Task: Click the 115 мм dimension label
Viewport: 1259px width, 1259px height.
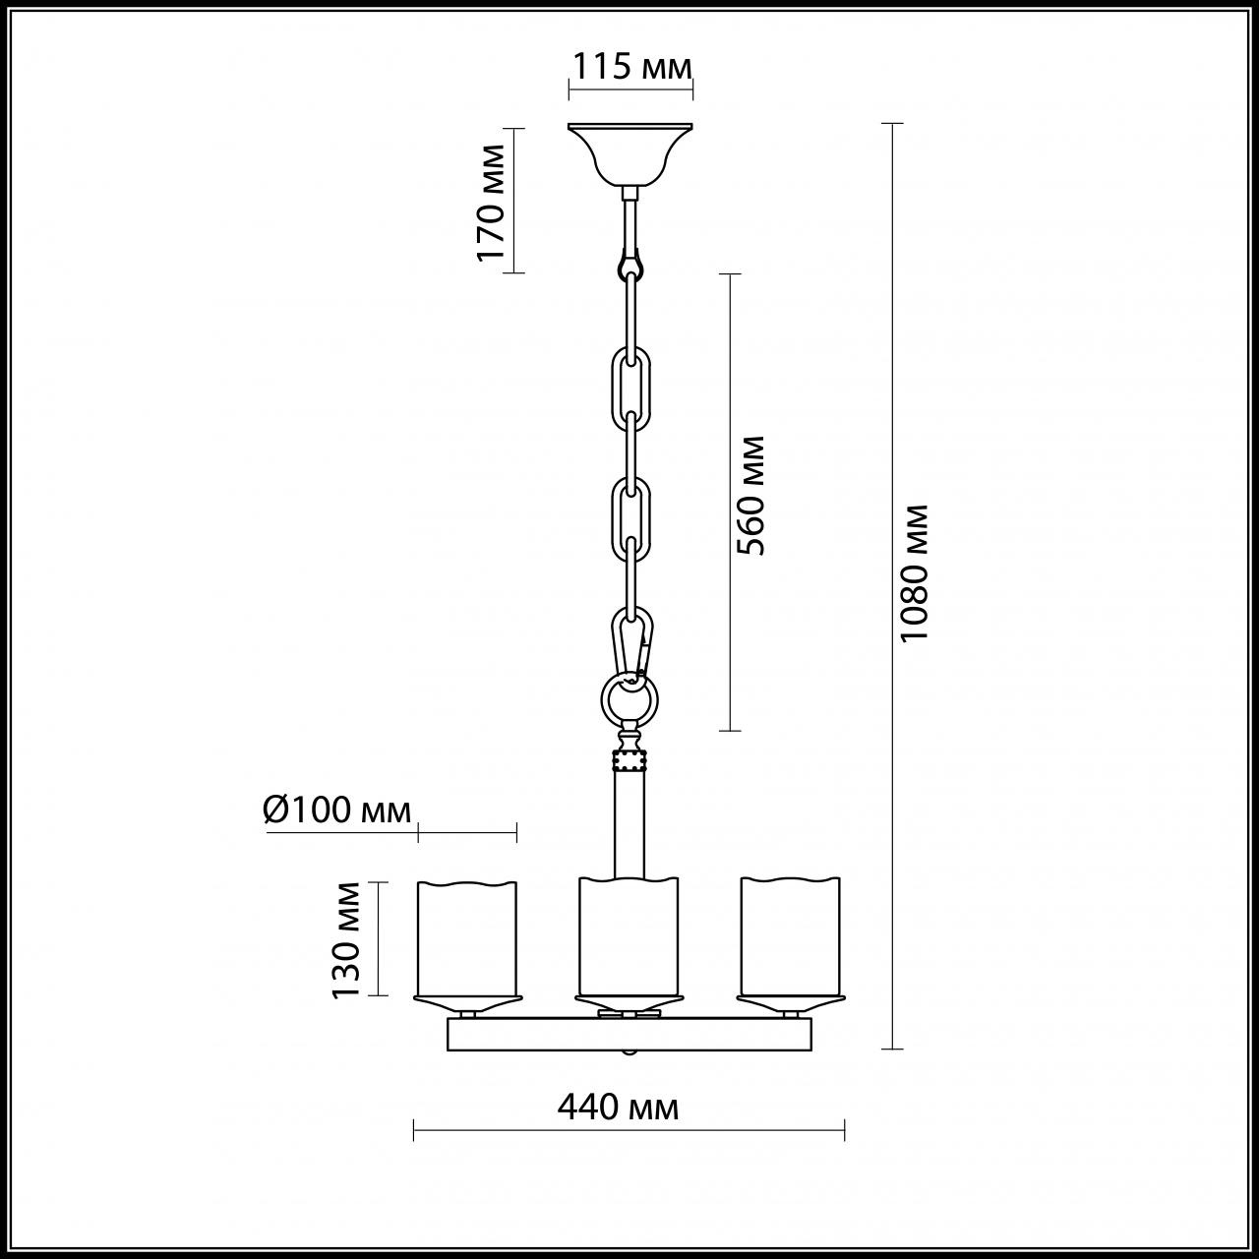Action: (x=632, y=67)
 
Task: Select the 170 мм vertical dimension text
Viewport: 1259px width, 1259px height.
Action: (x=491, y=202)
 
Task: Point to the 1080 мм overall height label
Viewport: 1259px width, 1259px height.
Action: (x=915, y=572)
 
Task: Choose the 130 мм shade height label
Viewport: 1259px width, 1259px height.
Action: (x=346, y=938)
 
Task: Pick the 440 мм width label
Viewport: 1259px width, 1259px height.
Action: (x=618, y=1108)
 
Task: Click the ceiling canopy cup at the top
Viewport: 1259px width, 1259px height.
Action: (x=630, y=151)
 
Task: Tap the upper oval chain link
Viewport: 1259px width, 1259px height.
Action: (x=630, y=389)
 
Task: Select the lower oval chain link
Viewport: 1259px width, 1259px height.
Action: (x=630, y=519)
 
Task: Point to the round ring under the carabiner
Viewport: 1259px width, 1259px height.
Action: (x=629, y=700)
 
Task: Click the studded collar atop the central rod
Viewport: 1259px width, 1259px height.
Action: (x=629, y=761)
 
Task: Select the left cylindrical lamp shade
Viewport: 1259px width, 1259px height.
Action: (x=467, y=939)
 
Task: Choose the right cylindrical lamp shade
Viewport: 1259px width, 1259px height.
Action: (x=791, y=939)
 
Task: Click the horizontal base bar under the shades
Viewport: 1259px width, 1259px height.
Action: (x=629, y=1035)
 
